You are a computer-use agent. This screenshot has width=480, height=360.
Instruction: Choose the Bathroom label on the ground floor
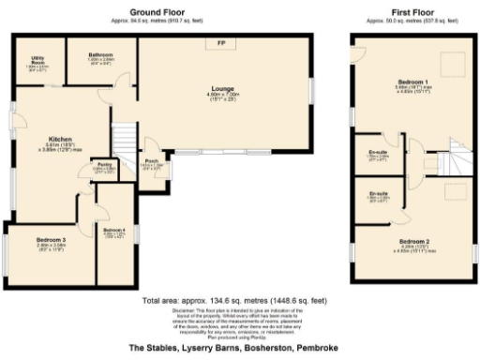(x=100, y=55)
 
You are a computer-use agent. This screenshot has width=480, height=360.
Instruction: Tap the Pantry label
(x=104, y=165)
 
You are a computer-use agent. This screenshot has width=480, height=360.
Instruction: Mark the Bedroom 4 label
(x=113, y=231)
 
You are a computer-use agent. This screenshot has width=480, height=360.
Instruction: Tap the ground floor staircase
(x=123, y=139)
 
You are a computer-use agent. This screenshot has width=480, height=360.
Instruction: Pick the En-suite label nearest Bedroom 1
(x=378, y=153)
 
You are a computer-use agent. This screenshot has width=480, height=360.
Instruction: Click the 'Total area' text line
(x=234, y=301)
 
